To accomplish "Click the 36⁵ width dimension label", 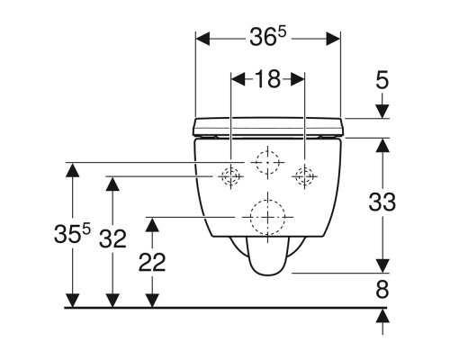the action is pos(268,37).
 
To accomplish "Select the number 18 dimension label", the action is pos(267,79).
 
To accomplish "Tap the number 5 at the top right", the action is pos(382,80).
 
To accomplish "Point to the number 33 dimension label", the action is pos(382,202).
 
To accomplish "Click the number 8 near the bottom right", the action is pos(382,290).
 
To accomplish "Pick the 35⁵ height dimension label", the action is pos(72,234).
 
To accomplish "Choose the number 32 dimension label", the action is pos(112,238).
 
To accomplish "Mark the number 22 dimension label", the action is pos(152,262).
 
